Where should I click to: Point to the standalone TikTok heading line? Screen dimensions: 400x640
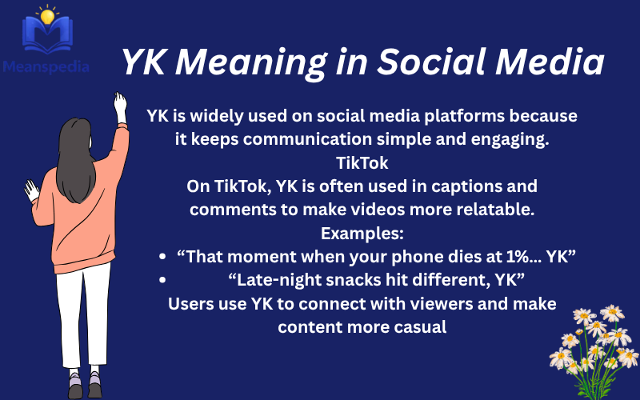pos(362,163)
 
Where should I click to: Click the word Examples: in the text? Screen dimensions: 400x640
pos(362,234)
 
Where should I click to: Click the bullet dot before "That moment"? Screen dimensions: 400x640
pos(163,258)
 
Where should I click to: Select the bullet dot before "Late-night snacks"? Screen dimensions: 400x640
pos(163,280)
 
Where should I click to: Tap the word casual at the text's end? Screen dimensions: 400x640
pos(418,326)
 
